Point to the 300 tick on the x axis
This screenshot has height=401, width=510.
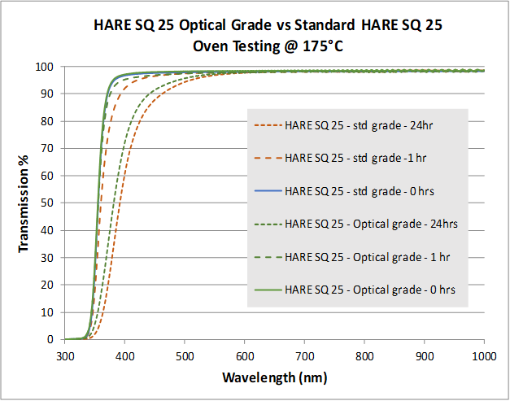coord(65,356)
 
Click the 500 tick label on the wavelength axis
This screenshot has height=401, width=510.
coord(185,356)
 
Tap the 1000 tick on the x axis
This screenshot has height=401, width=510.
coord(485,356)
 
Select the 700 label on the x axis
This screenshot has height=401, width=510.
coord(305,356)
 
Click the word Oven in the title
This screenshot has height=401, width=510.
coord(210,46)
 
